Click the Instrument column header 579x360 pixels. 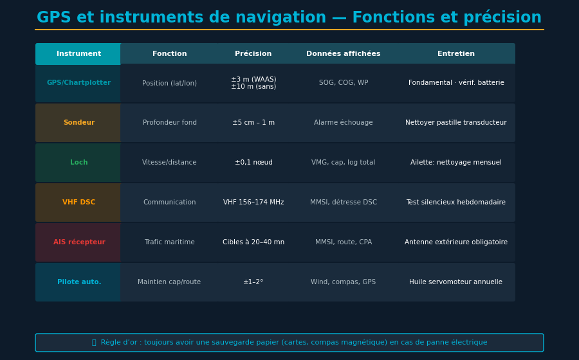click(78, 54)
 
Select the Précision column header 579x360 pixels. click(253, 54)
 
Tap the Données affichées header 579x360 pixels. click(344, 54)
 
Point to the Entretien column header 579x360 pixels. click(456, 54)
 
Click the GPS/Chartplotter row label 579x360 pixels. click(78, 83)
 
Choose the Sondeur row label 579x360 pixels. click(78, 123)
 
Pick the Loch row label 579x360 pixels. click(78, 163)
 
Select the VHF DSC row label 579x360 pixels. click(78, 203)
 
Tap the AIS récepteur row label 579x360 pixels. click(78, 242)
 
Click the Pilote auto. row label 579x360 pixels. click(78, 282)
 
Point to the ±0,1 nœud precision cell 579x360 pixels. click(253, 163)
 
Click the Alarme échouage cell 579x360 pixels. click(344, 123)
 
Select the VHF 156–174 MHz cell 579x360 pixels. click(253, 203)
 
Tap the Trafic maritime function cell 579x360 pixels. click(169, 242)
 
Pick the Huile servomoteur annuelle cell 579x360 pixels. click(456, 282)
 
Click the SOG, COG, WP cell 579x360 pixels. click(344, 83)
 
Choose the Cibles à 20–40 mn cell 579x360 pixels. click(253, 242)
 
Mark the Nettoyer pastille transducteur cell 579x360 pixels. click(456, 123)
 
